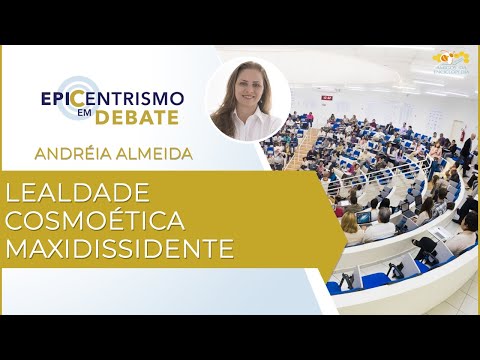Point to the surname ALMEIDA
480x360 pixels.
[x=154, y=155]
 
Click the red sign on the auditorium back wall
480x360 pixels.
[x=310, y=116]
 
